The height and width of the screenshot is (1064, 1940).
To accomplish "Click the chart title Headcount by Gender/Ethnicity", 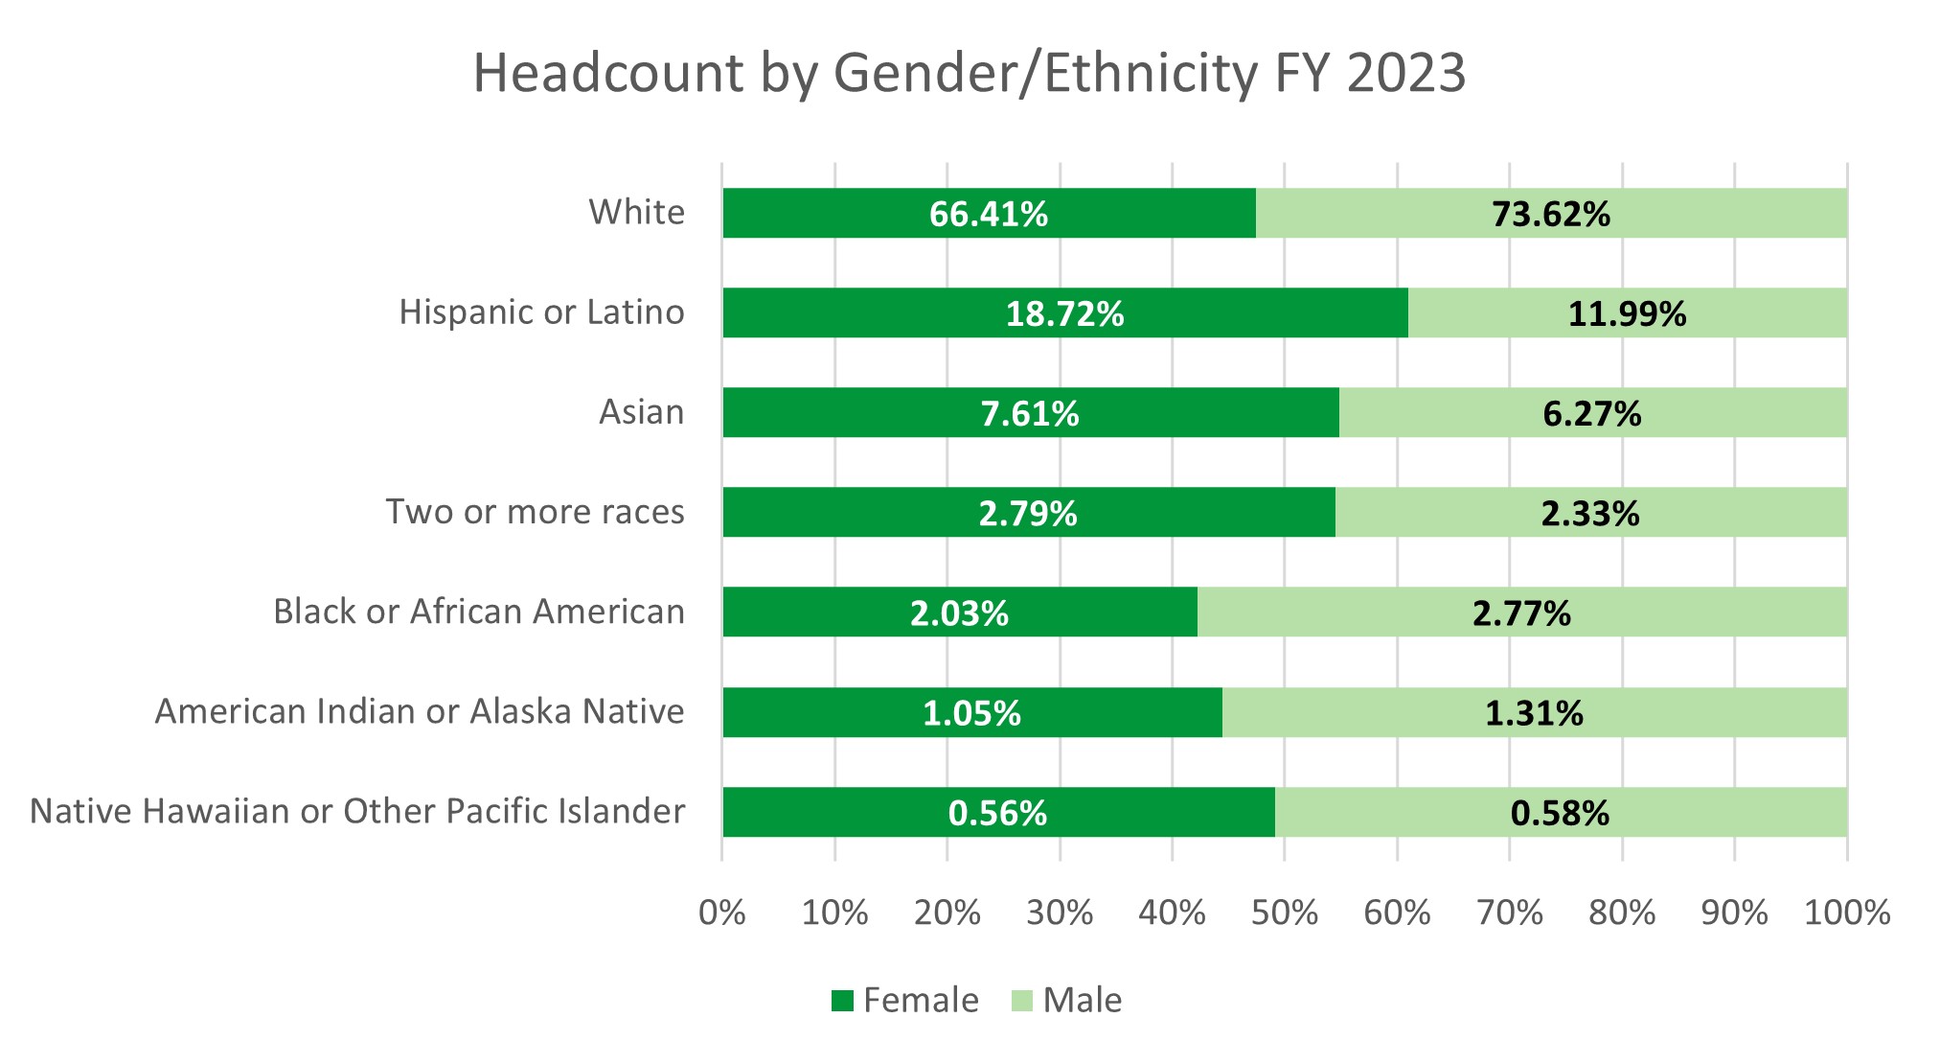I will [x=969, y=73].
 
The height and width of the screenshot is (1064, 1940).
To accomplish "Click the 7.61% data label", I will [x=1029, y=414].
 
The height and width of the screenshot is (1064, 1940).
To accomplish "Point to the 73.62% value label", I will [x=1550, y=214].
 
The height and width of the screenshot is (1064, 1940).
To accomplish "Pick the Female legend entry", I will [x=904, y=1000].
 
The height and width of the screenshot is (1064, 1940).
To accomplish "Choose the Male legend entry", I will [x=1065, y=1000].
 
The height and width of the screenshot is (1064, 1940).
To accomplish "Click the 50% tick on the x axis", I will [x=1284, y=913].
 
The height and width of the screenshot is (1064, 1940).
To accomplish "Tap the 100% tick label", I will [x=1846, y=913].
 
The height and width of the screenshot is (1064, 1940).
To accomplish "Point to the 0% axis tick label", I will [x=721, y=913].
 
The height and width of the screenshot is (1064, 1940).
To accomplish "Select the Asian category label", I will [x=641, y=412].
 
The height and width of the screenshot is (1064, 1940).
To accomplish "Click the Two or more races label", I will [x=535, y=512].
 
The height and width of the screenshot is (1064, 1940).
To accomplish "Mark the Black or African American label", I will [x=478, y=612].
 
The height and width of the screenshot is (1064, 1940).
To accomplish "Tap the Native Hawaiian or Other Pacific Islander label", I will [x=357, y=811].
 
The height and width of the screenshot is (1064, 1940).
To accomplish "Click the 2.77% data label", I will [x=1521, y=613].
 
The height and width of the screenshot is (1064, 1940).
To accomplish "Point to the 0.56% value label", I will [x=997, y=813].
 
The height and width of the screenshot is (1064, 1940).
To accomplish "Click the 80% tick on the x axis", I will [x=1621, y=913].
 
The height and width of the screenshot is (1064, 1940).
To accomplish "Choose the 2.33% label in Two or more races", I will [x=1589, y=514].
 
